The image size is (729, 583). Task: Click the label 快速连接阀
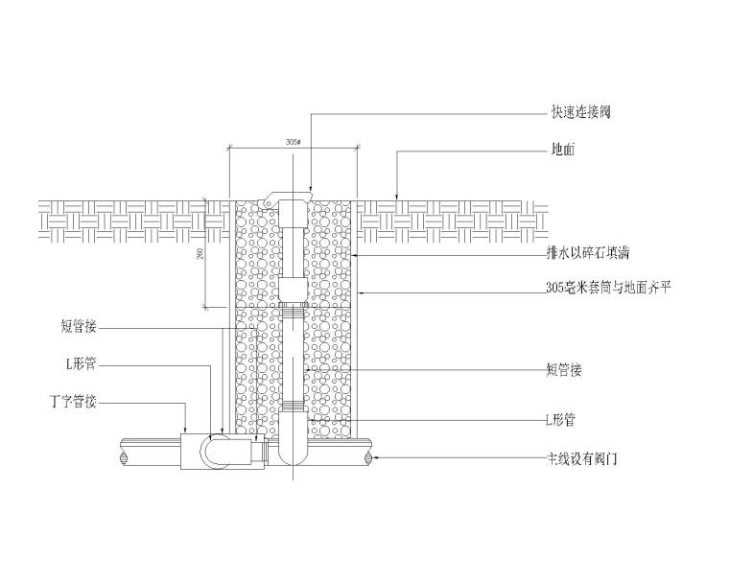[580, 112]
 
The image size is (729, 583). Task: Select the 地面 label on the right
[563, 151]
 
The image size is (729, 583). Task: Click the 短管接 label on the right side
[564, 369]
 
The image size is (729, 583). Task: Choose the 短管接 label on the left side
[79, 327]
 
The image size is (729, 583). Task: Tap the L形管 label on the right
[561, 420]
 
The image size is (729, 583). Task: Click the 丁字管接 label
[73, 402]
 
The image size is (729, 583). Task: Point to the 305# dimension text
[294, 142]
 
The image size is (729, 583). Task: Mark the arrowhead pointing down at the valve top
[311, 188]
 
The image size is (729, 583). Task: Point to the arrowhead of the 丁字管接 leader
[186, 429]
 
